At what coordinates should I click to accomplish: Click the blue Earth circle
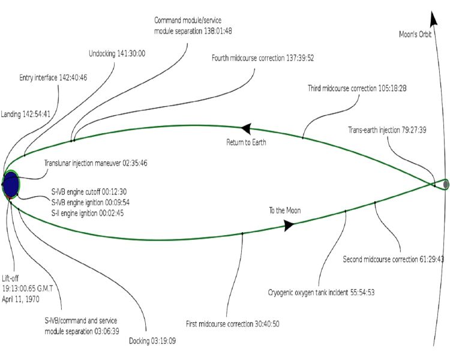(x=11, y=184)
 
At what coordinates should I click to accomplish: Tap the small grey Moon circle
(x=446, y=184)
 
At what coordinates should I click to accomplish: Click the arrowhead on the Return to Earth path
(x=245, y=128)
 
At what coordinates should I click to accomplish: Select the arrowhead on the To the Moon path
(x=289, y=225)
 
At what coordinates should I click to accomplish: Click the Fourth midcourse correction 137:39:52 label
(x=263, y=58)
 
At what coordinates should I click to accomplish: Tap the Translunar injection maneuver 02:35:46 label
(x=96, y=163)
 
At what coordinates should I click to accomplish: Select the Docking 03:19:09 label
(x=152, y=341)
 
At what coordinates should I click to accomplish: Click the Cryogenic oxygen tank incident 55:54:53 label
(x=322, y=293)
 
